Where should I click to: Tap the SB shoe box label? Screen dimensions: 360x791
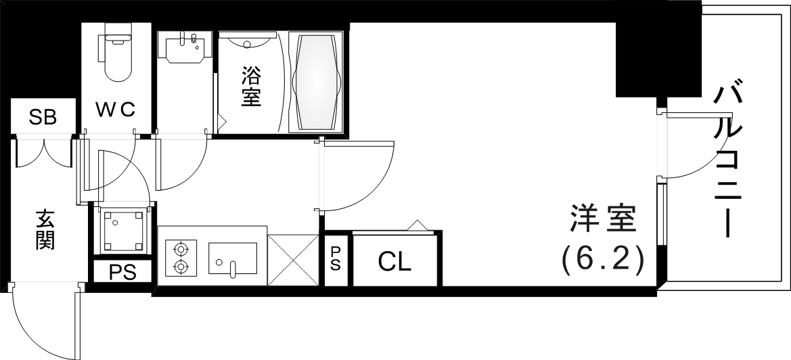tap(42, 118)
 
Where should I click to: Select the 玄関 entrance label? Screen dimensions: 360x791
tap(45, 230)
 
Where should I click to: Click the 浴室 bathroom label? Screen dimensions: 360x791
tap(251, 87)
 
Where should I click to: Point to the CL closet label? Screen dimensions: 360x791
tap(394, 262)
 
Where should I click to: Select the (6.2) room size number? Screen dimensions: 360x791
tap(602, 258)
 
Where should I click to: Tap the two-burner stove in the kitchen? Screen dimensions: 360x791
tap(181, 257)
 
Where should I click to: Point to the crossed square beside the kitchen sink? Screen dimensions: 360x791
tap(293, 259)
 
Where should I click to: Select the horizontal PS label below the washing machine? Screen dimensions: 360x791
tap(122, 273)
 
